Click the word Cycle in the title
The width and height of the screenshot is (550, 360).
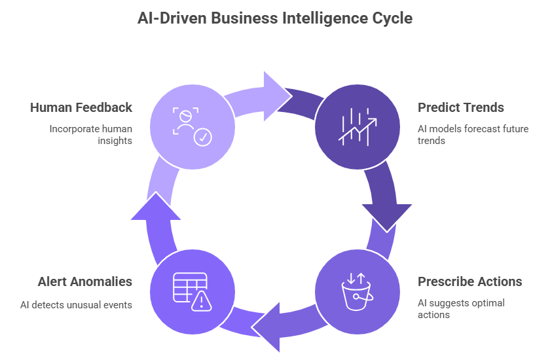point(392,18)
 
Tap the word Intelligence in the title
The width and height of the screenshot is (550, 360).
point(325,18)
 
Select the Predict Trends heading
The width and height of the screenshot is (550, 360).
point(461,107)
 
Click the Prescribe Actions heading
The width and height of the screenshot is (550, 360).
point(470,281)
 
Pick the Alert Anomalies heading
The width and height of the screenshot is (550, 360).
point(84,281)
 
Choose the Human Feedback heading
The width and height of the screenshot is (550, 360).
point(81,107)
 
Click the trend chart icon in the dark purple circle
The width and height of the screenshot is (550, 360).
point(357,125)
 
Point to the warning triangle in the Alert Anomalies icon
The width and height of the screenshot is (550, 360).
point(202,300)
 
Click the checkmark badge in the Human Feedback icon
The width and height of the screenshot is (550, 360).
point(202,137)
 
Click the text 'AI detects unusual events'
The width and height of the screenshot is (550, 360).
point(77,304)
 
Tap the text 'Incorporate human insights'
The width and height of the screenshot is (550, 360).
point(90,134)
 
